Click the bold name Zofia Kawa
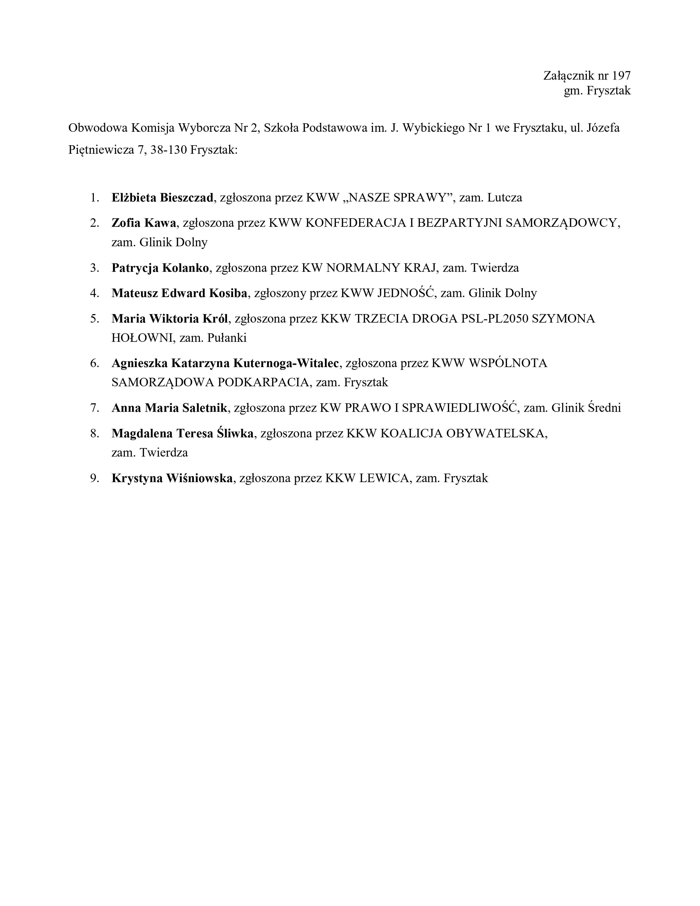(x=144, y=223)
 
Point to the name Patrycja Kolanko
(x=160, y=268)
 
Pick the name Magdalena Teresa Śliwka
(x=183, y=434)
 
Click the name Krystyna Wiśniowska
(x=172, y=478)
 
